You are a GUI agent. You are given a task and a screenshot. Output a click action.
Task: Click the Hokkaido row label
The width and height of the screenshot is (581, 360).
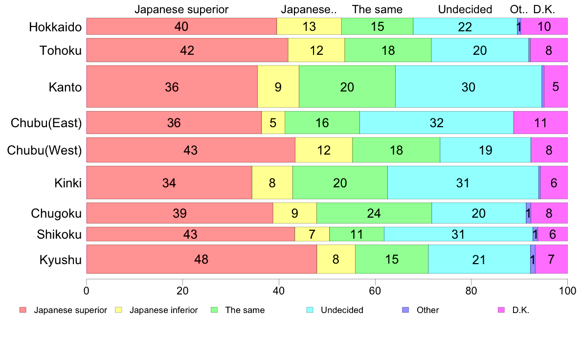click(55, 26)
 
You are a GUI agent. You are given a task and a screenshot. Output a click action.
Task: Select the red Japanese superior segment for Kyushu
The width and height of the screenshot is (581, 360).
click(201, 259)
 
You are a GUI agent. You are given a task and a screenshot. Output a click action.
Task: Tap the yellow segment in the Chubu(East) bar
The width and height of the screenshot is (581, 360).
click(273, 123)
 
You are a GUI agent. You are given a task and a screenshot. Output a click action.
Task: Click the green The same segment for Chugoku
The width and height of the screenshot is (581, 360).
click(374, 213)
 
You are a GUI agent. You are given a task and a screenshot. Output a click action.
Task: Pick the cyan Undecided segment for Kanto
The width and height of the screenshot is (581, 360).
click(468, 87)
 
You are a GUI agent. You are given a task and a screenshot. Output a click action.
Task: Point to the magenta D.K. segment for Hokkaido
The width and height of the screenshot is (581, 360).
click(544, 26)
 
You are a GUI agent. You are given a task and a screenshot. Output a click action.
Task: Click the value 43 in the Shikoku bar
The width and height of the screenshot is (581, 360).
click(190, 234)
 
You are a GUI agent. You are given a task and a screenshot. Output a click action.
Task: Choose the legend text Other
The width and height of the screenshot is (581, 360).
click(427, 310)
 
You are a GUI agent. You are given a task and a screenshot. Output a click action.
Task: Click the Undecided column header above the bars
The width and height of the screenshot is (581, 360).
click(465, 9)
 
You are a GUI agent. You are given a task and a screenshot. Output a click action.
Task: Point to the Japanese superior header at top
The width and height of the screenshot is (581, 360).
click(181, 9)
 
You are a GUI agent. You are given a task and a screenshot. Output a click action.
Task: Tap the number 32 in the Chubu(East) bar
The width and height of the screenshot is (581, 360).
click(436, 123)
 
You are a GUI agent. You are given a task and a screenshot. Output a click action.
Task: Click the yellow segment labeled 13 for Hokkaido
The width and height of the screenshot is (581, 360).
click(309, 26)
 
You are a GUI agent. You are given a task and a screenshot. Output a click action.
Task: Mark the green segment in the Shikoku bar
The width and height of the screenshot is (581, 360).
click(357, 234)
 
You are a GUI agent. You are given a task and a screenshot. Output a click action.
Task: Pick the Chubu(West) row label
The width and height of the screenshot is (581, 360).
click(44, 150)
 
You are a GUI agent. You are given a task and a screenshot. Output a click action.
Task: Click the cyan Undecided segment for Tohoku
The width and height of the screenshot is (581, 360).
click(480, 50)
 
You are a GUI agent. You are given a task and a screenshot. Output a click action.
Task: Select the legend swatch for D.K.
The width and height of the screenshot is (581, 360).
click(501, 310)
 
